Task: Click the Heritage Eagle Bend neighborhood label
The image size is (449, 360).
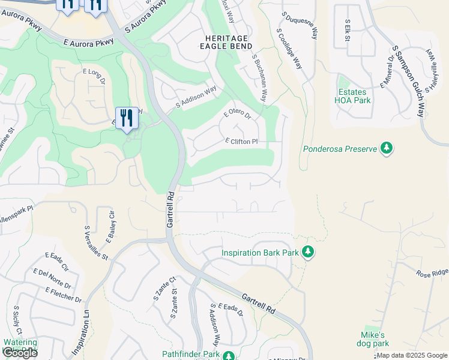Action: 224,41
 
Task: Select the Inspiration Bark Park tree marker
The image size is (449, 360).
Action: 308,252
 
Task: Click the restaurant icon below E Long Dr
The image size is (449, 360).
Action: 127,118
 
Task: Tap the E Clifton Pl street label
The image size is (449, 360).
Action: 241,142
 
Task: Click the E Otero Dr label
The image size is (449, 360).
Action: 237,113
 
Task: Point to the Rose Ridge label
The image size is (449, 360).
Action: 432,272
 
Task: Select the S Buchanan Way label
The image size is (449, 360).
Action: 259,78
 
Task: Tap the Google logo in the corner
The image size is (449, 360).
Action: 19,352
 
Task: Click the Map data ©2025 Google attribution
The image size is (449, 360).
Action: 412,356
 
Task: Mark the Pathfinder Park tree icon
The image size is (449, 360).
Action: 228,356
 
